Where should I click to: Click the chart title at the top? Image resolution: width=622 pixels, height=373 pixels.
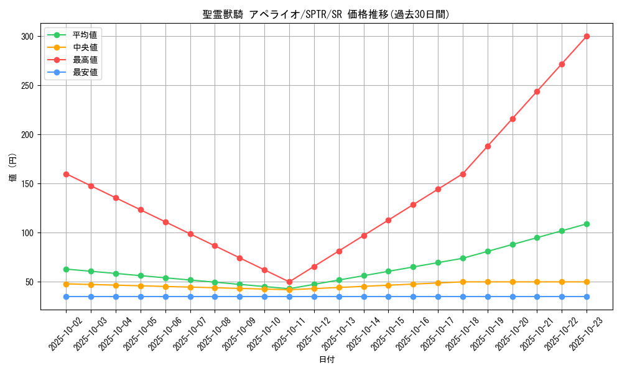tap(326, 14)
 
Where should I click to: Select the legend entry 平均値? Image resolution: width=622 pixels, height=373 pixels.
tap(85, 35)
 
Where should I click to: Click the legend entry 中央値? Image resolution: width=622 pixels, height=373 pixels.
tap(85, 47)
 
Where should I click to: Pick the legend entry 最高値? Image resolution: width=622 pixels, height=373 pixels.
tap(85, 60)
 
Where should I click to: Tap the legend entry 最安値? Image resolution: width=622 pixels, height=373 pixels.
tap(85, 72)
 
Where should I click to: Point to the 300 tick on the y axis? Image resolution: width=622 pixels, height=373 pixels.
tap(29, 37)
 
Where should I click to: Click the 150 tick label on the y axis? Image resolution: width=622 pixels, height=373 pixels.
tap(29, 184)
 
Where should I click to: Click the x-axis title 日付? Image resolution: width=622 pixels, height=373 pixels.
tap(327, 360)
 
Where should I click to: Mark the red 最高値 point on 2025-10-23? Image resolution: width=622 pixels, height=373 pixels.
tap(587, 36)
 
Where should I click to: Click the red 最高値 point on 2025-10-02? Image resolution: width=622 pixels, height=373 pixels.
tap(66, 174)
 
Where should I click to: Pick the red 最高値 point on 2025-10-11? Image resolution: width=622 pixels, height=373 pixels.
tap(289, 282)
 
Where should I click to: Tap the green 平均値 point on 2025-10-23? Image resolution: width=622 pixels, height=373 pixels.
tap(587, 224)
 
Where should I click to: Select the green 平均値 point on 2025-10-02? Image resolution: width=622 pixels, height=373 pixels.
tap(66, 269)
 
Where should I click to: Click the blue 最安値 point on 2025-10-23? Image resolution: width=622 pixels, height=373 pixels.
tap(587, 297)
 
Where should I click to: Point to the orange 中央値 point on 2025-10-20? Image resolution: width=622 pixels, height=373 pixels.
tap(513, 282)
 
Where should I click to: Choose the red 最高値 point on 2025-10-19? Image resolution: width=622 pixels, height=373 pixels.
tap(488, 146)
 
